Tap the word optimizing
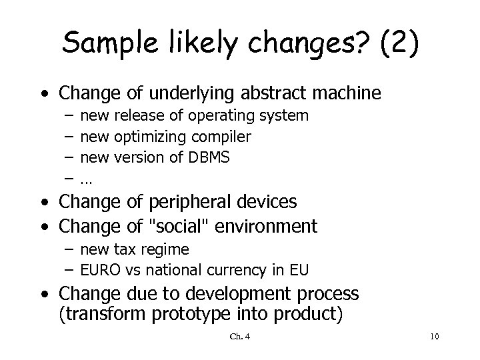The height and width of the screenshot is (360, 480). pos(152,137)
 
